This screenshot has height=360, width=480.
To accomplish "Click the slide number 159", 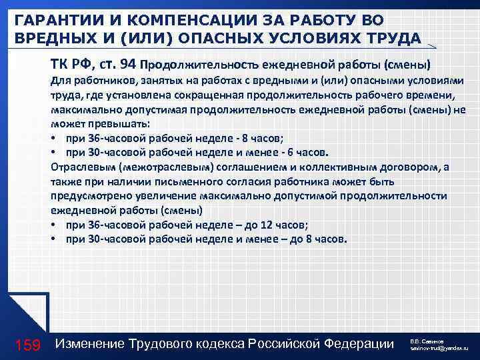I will (28, 345).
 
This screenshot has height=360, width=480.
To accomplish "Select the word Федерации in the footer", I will (360, 344).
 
